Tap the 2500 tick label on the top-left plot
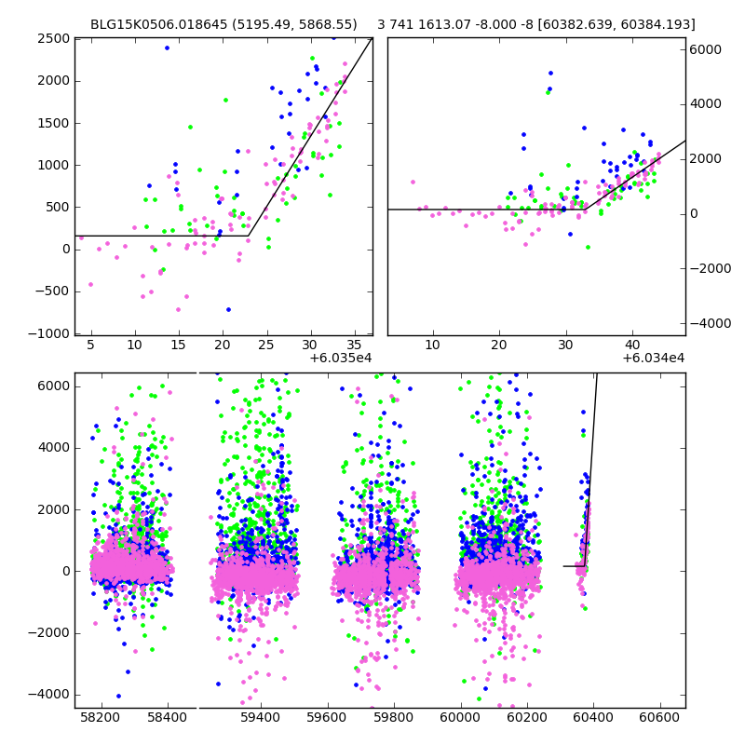(52, 38)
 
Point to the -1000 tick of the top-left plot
(48, 333)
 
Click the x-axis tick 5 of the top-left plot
(90, 345)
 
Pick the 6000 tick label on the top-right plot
(708, 49)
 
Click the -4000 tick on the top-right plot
(711, 323)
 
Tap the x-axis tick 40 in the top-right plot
(632, 345)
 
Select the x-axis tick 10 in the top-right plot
(432, 345)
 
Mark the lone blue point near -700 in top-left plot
(228, 309)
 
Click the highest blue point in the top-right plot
(550, 73)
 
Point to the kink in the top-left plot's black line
(248, 236)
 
